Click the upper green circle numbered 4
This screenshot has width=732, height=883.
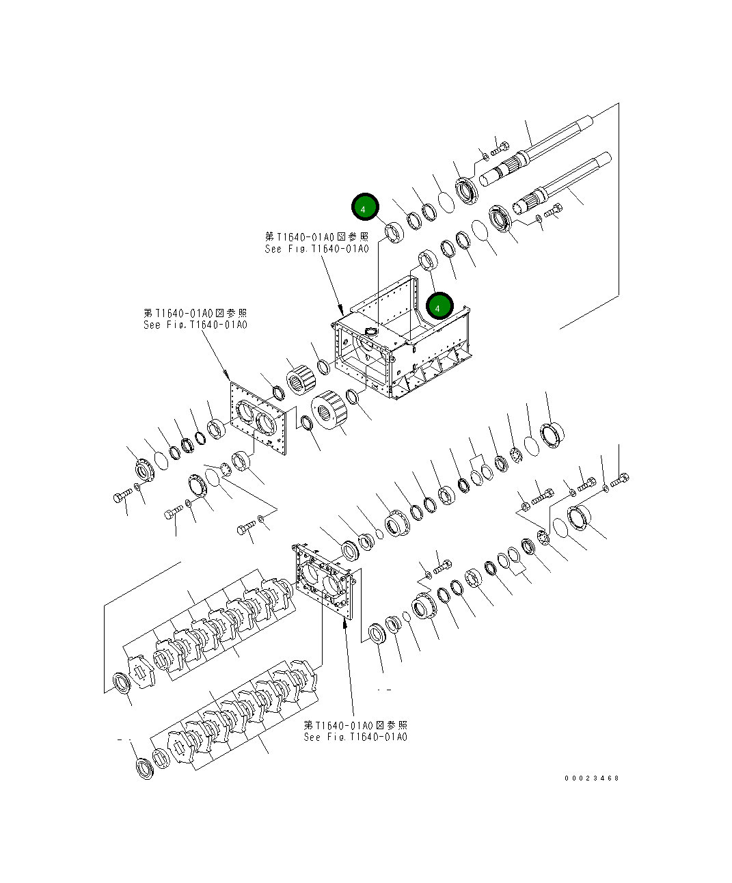[x=365, y=206]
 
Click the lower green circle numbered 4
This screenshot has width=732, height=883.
[x=439, y=307]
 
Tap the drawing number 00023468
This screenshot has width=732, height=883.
[x=591, y=778]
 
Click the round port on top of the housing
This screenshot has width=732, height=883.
[x=371, y=331]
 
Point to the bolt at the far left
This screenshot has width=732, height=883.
[x=122, y=496]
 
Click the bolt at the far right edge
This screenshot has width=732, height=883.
[x=619, y=480]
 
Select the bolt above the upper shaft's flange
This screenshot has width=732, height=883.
[x=500, y=146]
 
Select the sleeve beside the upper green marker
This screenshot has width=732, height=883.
[x=394, y=232]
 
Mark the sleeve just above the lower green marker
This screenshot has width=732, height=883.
[x=427, y=260]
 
